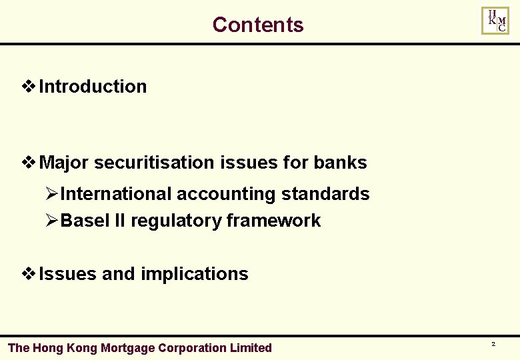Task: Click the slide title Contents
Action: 258,25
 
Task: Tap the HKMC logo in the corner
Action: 495,21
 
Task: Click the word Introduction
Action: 93,87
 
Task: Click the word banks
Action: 340,163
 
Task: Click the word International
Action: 116,194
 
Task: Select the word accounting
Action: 226,194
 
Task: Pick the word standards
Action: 325,194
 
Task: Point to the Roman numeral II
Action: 121,221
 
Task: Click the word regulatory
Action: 177,221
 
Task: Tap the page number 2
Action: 493,344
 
